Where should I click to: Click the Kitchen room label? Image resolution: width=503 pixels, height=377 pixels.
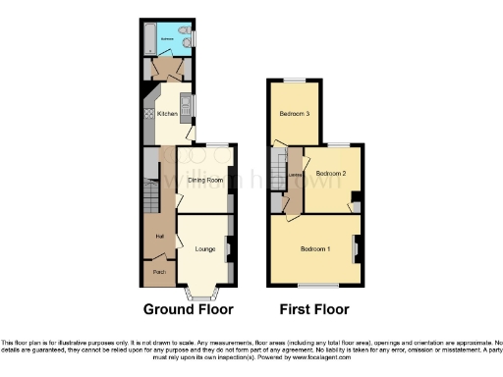click(x=167, y=114)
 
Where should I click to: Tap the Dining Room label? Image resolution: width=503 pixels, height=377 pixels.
click(x=206, y=181)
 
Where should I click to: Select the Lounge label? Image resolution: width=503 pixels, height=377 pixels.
click(x=205, y=248)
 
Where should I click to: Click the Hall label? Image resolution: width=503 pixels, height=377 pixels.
click(x=157, y=236)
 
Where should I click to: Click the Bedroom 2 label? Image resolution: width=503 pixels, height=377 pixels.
click(x=331, y=174)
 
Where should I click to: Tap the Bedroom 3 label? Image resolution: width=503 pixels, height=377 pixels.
click(x=295, y=114)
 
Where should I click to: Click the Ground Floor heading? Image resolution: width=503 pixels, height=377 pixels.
click(x=189, y=309)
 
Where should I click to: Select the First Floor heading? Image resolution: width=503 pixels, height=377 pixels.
click(x=314, y=309)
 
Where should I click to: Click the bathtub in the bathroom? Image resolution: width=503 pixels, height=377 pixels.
click(x=148, y=39)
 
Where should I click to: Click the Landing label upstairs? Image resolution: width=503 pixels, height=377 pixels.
click(x=294, y=176)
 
